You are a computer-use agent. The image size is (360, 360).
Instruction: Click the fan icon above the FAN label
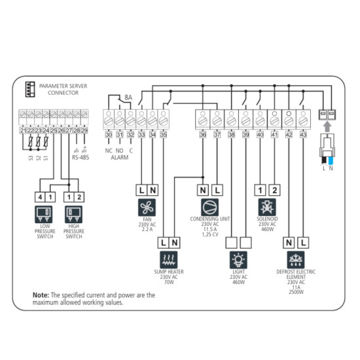146,207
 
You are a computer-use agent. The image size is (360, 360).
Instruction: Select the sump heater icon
169,259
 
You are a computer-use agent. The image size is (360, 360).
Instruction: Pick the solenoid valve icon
266,207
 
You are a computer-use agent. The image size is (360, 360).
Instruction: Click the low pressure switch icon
45,214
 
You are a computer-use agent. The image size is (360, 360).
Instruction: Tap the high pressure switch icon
74,214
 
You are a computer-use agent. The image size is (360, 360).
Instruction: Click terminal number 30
109,134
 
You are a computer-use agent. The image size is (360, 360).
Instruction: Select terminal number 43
303,134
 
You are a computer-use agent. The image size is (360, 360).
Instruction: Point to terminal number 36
203,134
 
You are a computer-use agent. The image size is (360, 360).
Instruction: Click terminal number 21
24,131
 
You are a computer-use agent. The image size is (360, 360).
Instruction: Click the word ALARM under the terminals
119,158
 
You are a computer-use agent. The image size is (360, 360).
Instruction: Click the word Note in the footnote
41,295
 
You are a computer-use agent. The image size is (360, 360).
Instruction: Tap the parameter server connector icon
28,89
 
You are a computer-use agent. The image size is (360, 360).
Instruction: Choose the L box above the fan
140,190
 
